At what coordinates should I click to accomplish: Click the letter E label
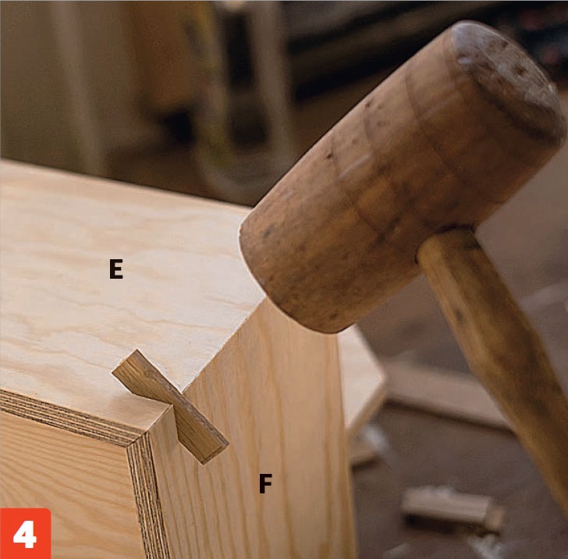pyautogui.click(x=116, y=269)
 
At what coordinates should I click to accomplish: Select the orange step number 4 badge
pyautogui.click(x=25, y=533)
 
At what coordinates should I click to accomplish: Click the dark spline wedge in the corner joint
pyautogui.click(x=170, y=406)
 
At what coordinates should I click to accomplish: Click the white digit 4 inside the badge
pyautogui.click(x=25, y=534)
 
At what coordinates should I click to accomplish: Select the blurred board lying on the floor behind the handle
pyautogui.click(x=446, y=399)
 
